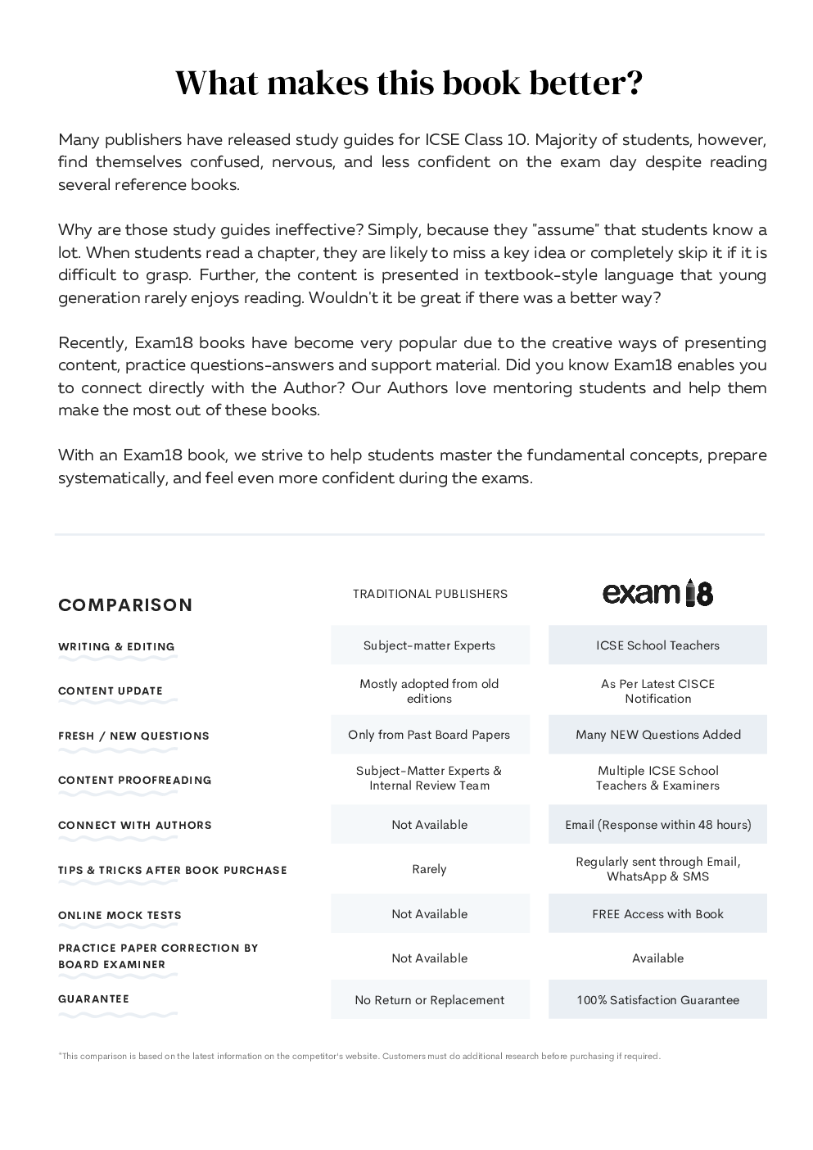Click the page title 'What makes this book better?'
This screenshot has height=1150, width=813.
point(409,84)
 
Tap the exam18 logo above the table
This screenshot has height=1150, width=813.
point(657,592)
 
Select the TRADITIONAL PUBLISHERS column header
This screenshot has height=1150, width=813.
point(430,594)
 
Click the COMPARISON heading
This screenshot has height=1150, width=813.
point(125,605)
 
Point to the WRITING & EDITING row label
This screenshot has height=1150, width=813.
point(116,647)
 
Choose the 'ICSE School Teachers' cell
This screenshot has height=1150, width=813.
point(657,645)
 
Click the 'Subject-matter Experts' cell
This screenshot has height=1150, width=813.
point(430,645)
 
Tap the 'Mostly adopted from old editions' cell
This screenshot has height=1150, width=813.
point(430,691)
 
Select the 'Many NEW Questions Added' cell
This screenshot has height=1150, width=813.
point(657,735)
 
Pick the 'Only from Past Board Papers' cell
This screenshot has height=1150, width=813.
point(430,735)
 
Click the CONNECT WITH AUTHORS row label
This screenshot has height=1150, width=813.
point(134,826)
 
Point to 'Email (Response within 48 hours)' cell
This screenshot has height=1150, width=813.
point(657,825)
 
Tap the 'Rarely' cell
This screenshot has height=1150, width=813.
point(430,869)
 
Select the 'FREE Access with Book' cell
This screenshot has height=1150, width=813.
point(657,914)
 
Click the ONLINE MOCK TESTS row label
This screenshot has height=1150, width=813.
point(120,916)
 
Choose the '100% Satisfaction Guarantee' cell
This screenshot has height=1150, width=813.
point(657,1000)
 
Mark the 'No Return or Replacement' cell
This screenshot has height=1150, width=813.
point(430,1000)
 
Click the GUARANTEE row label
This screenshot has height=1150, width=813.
point(93,999)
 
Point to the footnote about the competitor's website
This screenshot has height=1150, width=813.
point(359,1057)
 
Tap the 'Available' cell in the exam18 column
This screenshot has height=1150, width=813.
point(657,958)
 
